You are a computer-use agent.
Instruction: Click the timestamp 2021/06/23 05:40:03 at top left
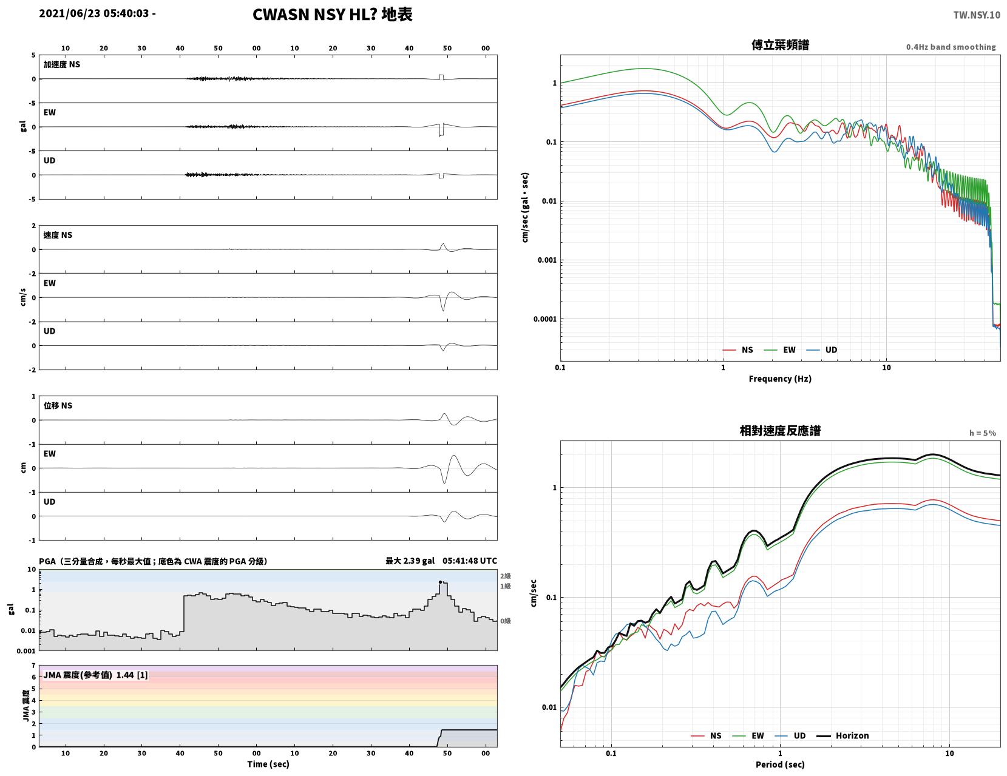tap(94, 13)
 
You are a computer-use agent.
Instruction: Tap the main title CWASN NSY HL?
tap(314, 15)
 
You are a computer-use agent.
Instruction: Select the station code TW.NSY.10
tap(977, 15)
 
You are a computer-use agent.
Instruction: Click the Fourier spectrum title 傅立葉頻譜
tap(781, 45)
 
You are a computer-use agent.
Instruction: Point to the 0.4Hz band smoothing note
tap(951, 47)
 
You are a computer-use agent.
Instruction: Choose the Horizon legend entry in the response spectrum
tap(843, 736)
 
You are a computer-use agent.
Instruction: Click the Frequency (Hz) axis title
tap(780, 379)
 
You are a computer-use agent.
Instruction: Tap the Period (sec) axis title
tap(780, 764)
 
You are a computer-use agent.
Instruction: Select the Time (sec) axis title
tap(268, 764)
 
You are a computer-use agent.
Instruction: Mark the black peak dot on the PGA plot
tap(440, 582)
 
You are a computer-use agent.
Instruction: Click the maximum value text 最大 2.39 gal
tap(410, 561)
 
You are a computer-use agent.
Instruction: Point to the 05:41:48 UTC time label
tap(469, 561)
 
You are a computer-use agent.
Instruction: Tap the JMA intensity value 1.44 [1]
tap(132, 675)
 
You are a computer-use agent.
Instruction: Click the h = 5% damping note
tap(983, 433)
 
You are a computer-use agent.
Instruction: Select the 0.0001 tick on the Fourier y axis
tap(545, 319)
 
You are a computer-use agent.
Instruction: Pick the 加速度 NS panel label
tap(62, 64)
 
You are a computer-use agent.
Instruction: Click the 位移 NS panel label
tap(58, 405)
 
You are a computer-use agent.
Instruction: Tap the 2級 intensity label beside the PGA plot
tap(506, 576)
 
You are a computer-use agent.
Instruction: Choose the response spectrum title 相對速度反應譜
tap(780, 431)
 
